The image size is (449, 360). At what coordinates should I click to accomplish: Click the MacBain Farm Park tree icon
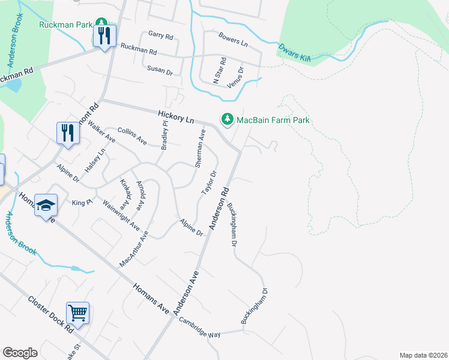(228, 120)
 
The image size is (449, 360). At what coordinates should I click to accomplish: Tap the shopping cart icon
(78, 313)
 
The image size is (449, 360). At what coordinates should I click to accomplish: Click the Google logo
(20, 353)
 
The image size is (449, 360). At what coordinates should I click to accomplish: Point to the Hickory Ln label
(176, 116)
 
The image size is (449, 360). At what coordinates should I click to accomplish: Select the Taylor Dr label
(208, 181)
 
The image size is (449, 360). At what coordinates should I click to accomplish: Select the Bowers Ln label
(233, 40)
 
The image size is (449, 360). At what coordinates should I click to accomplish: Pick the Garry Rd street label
(160, 35)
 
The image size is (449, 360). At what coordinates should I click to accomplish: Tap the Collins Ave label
(132, 136)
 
